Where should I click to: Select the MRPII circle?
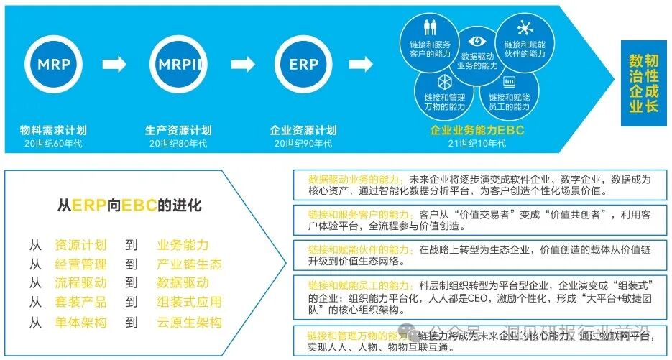[x=178, y=64]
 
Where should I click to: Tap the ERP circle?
[x=303, y=64]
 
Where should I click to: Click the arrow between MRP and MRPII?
[x=115, y=65]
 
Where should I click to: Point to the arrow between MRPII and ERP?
[x=241, y=65]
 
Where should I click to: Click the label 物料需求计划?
[x=54, y=131]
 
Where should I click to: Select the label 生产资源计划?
[x=178, y=131]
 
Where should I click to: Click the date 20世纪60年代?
[x=54, y=144]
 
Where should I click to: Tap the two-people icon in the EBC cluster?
[x=430, y=27]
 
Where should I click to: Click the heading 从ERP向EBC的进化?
[x=129, y=206]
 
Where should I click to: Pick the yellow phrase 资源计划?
[x=80, y=245]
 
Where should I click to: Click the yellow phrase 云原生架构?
[x=190, y=323]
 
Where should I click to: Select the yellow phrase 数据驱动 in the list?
[x=183, y=283]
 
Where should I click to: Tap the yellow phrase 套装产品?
[x=80, y=303]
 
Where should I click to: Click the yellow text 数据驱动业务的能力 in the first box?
[x=356, y=179]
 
